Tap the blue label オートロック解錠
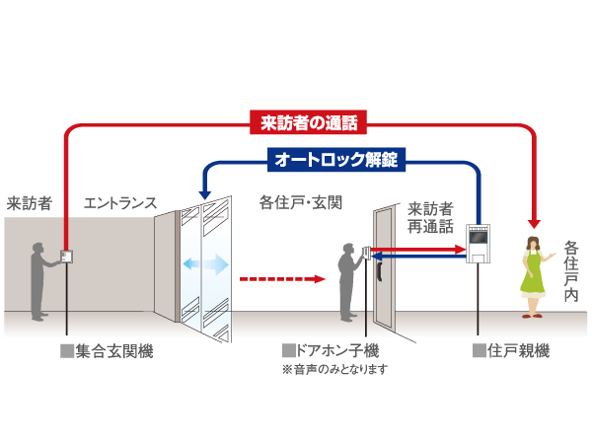336,158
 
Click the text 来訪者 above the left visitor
29,203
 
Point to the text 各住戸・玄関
300,203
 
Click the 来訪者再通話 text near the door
430,218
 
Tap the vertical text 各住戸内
571,273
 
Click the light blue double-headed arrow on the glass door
206,264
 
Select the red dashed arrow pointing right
282,279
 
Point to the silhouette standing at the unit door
347,281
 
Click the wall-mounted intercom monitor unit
479,243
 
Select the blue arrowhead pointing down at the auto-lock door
205,197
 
